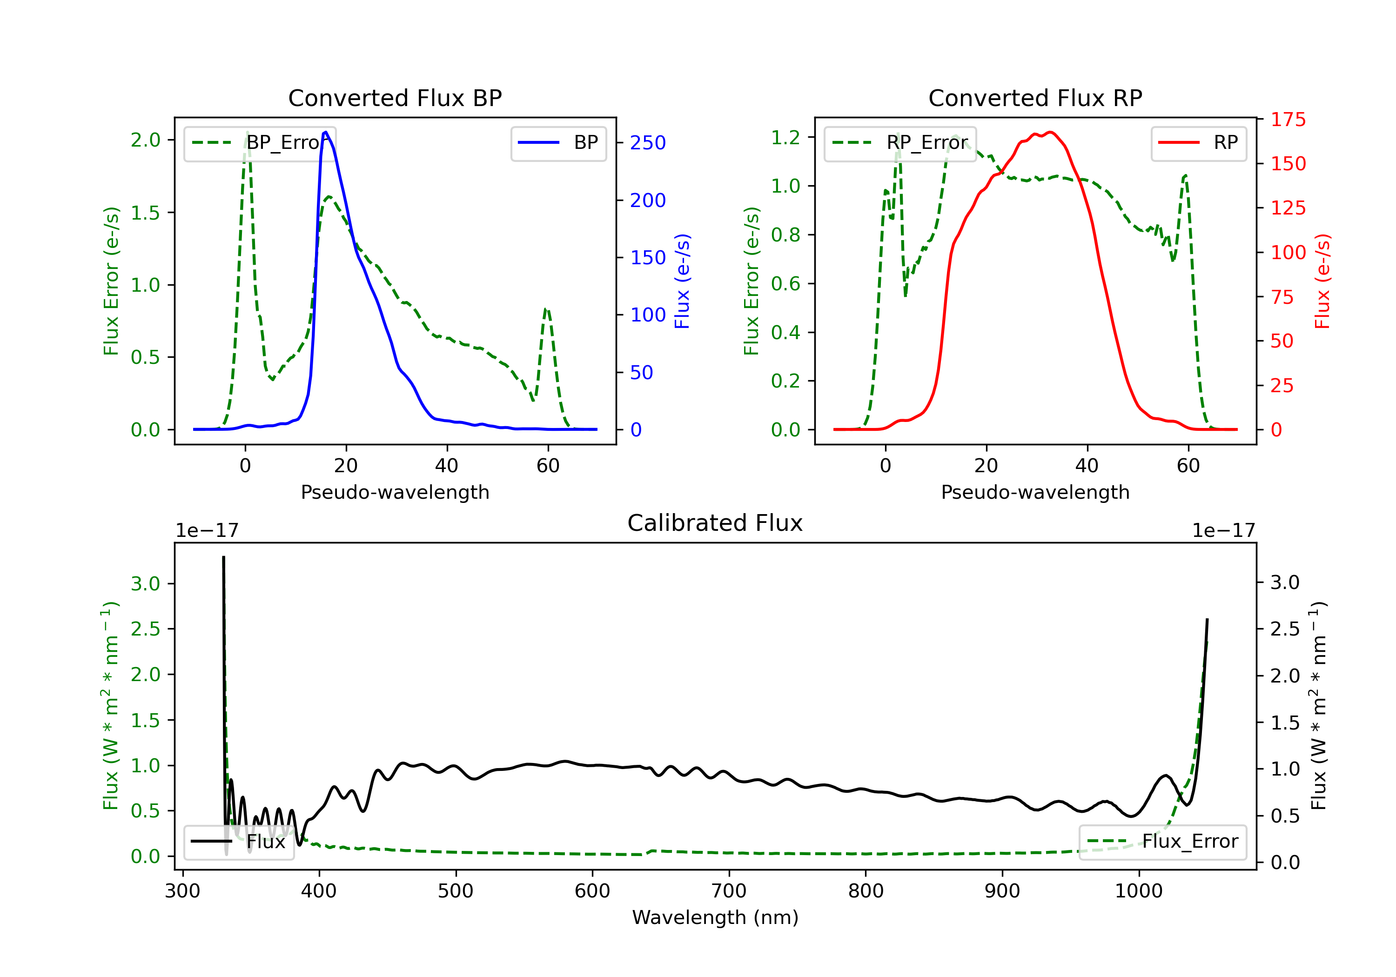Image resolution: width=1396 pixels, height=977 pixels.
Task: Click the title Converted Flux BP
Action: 395,98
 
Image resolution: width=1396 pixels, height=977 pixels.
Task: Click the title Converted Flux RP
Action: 1035,98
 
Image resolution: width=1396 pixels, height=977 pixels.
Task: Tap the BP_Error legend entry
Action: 260,143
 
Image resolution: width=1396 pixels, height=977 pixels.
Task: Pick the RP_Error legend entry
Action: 900,143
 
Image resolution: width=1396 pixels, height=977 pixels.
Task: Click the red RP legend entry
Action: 1198,143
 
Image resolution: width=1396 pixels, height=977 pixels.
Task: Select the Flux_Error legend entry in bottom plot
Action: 1162,842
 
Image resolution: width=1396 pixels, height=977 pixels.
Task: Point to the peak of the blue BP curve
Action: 326,132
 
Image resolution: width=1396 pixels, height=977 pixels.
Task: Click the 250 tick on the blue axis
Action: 648,143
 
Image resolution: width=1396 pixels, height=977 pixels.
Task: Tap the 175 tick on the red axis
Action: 1288,120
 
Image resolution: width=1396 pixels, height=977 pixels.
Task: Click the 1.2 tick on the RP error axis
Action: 785,137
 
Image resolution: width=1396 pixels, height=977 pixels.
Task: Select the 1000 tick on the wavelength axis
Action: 1138,891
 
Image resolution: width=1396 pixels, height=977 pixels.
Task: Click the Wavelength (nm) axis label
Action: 715,917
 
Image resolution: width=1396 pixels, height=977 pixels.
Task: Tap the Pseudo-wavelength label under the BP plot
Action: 395,492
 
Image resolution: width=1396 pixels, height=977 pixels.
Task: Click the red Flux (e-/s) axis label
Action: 1322,281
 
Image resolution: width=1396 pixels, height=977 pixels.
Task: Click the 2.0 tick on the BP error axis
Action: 145,140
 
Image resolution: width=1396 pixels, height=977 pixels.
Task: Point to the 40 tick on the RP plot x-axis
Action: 1087,466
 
